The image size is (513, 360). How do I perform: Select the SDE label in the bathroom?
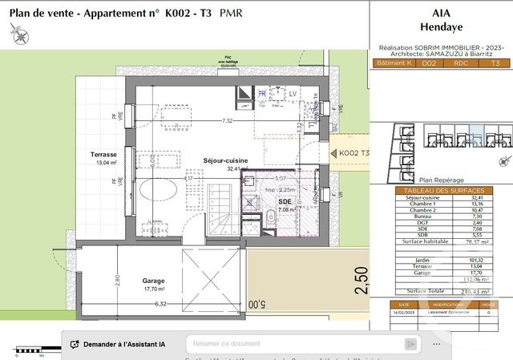[285, 201]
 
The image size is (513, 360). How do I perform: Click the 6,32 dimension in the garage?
[160, 304]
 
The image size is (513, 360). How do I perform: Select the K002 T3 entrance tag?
[354, 153]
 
